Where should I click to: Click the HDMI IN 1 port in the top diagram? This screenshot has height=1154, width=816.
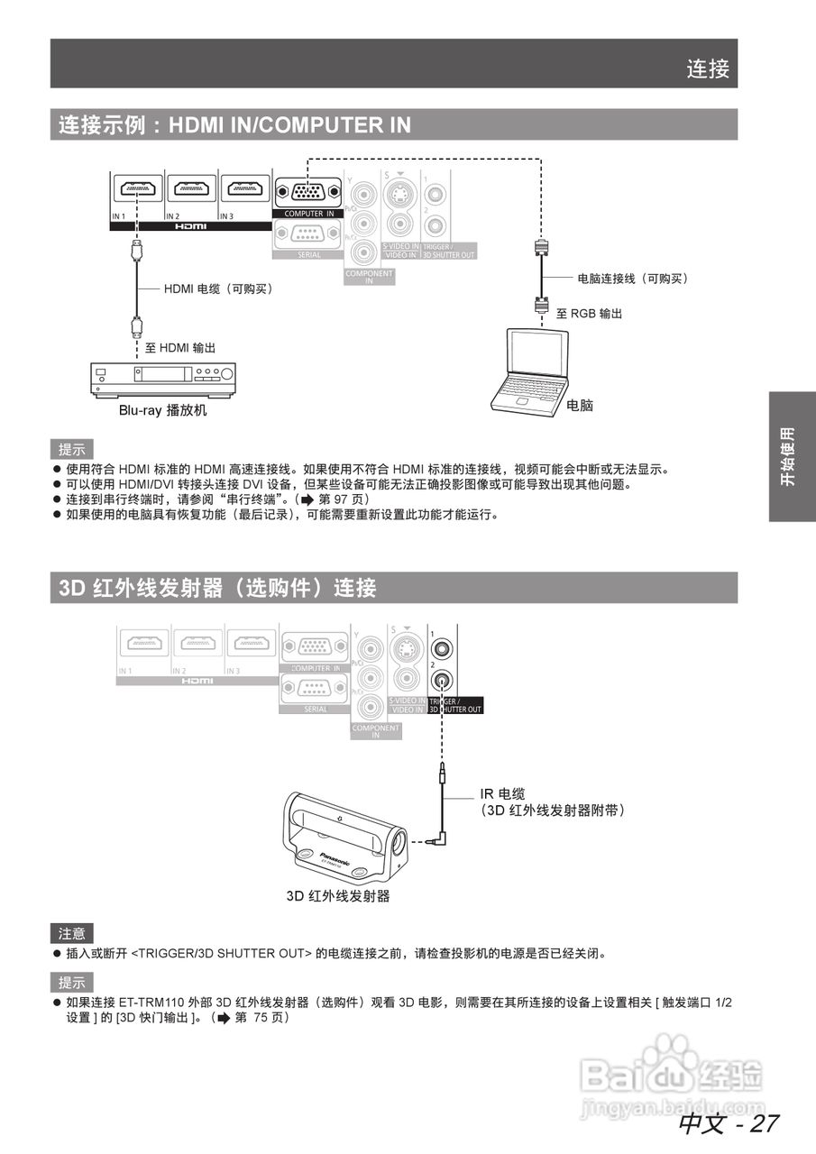(x=136, y=189)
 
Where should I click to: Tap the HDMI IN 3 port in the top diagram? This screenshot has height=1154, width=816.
(x=244, y=189)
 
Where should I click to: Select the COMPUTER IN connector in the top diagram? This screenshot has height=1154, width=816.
(x=307, y=192)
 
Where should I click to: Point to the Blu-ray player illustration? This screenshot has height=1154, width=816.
(x=163, y=378)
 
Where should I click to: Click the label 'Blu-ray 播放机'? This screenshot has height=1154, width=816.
(x=163, y=410)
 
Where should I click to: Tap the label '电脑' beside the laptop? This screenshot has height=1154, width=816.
(x=580, y=406)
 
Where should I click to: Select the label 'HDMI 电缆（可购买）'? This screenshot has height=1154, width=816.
(x=218, y=288)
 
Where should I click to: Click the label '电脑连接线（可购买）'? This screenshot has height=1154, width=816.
(x=633, y=279)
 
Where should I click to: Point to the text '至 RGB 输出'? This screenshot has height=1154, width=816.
(x=589, y=314)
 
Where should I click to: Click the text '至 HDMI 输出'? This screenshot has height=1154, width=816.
(x=180, y=347)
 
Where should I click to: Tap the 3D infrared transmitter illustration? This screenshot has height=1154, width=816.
(x=344, y=836)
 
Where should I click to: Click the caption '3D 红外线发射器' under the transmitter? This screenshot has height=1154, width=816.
(x=338, y=896)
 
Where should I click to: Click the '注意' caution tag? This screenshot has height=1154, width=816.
(x=71, y=934)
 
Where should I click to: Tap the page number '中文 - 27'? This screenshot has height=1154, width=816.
(x=728, y=1123)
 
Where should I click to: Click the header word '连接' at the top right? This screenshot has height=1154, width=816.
(x=708, y=69)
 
